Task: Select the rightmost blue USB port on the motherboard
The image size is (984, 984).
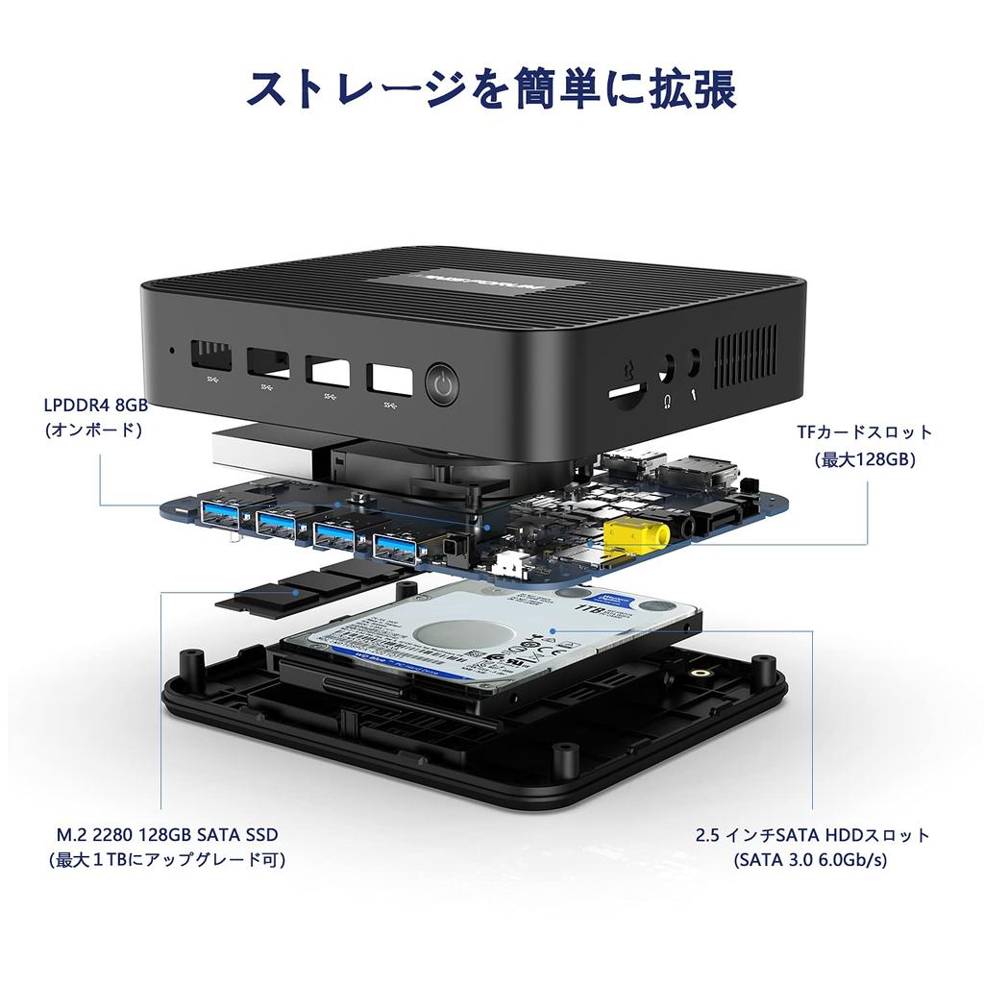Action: [395, 546]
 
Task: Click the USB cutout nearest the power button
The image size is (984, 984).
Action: [389, 378]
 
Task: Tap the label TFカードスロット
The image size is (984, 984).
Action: [864, 432]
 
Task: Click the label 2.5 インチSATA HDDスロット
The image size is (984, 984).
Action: [813, 834]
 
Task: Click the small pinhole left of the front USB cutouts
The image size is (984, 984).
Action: [172, 350]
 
